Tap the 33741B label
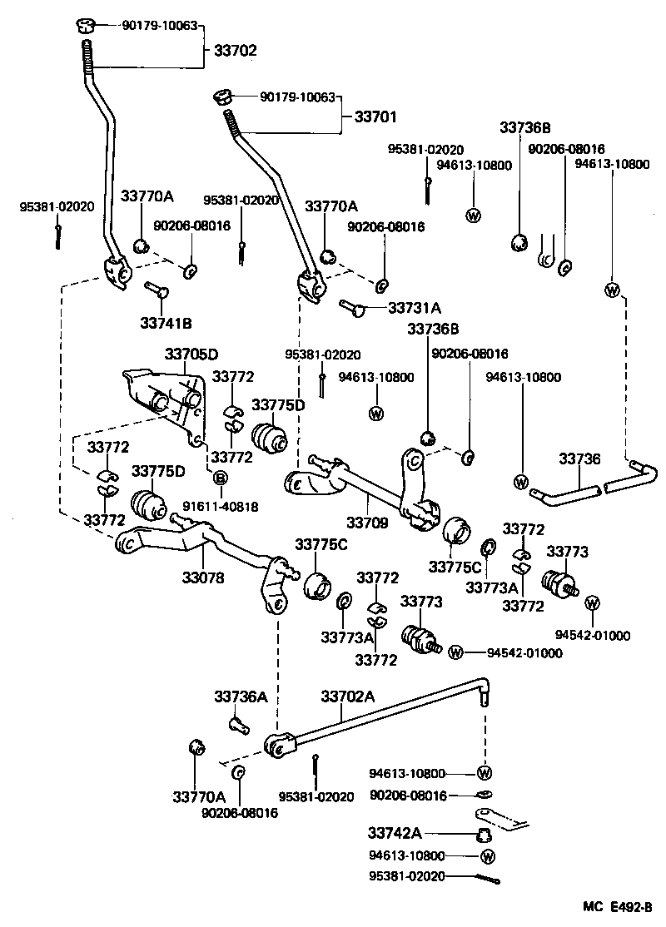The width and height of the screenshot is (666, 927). [x=166, y=322]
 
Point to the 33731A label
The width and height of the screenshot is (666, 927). [x=415, y=307]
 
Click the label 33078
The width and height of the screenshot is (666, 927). [x=203, y=576]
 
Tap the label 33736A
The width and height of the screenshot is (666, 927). [x=241, y=696]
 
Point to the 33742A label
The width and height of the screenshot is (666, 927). [x=395, y=833]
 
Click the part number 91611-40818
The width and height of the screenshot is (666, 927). [x=209, y=506]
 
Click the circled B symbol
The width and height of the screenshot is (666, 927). [x=221, y=478]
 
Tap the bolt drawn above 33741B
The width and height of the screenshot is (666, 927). [x=157, y=289]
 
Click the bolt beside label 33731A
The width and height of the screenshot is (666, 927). [x=353, y=308]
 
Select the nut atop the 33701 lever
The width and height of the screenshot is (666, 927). [x=222, y=98]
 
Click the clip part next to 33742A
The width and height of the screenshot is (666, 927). [x=482, y=833]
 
